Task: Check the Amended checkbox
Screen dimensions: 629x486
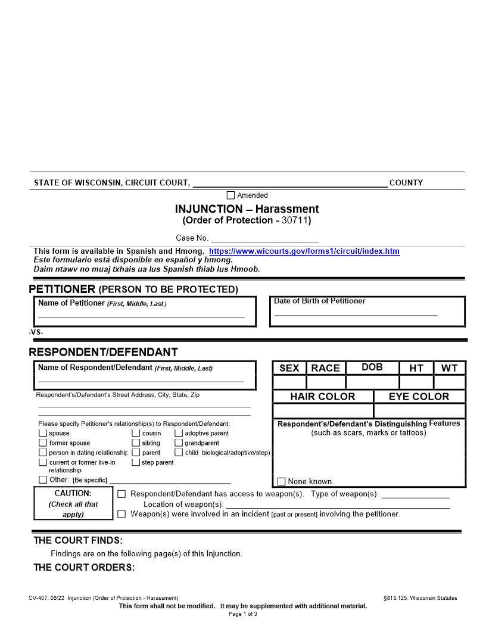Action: [x=230, y=195]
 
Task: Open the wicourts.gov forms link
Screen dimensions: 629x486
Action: [x=304, y=251]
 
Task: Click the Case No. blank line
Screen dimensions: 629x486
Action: [x=265, y=238]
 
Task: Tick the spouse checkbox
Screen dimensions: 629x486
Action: [x=43, y=434]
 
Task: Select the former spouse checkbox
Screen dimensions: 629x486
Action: [x=43, y=443]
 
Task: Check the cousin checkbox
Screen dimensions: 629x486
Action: [x=136, y=434]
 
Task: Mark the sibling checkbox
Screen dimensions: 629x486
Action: [x=136, y=443]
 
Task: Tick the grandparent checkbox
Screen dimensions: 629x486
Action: [x=179, y=443]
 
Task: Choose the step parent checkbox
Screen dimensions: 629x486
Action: [x=136, y=462]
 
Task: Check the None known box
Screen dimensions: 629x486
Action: [x=282, y=481]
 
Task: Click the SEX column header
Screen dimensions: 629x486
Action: [x=289, y=368]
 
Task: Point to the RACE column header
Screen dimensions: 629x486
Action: [x=326, y=368]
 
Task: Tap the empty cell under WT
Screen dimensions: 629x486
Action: [x=450, y=382]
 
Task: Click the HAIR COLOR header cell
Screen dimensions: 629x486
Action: [x=323, y=397]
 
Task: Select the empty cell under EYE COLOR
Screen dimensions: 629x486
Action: [x=419, y=411]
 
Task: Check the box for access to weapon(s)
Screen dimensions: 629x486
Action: [x=121, y=494]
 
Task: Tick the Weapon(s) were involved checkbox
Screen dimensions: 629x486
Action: [x=121, y=514]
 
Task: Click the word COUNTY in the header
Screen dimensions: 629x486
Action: [x=406, y=183]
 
